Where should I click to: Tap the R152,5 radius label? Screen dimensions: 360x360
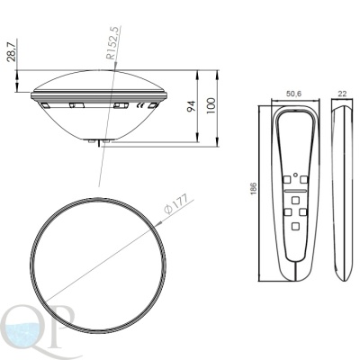coord(114,42)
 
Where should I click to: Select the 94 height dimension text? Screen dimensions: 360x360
coord(192,106)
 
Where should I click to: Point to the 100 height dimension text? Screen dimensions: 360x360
coord(211,105)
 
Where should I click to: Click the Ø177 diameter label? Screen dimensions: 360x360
coord(176,203)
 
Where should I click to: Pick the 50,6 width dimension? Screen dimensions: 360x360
coord(293,94)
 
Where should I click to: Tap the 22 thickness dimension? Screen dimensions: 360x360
coord(342,94)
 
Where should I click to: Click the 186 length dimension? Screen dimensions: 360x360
coord(254,188)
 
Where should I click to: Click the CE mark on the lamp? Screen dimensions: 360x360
coord(140,105)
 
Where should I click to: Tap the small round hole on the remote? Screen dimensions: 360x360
coord(295,175)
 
